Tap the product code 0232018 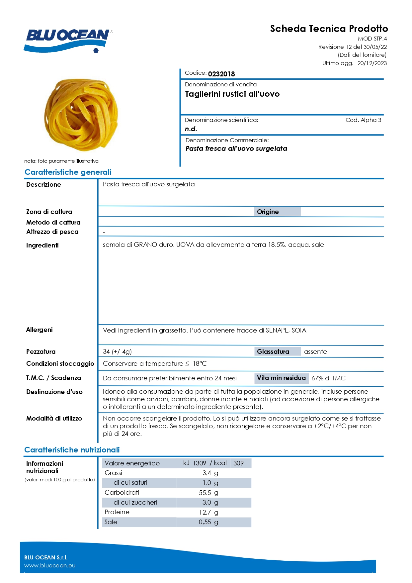pyautogui.click(x=221, y=74)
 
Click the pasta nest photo pyautogui.click(x=81, y=115)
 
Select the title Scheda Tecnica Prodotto pyautogui.click(x=329, y=29)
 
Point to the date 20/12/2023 pyautogui.click(x=372, y=63)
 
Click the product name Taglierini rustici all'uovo pyautogui.click(x=232, y=94)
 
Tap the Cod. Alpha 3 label pyautogui.click(x=363, y=120)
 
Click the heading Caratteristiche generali pyautogui.click(x=68, y=172)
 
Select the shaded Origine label pyautogui.click(x=268, y=212)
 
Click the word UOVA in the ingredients pyautogui.click(x=185, y=245)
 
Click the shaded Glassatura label pyautogui.click(x=273, y=351)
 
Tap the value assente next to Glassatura pyautogui.click(x=315, y=351)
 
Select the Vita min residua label pyautogui.click(x=281, y=378)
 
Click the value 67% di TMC pyautogui.click(x=328, y=378)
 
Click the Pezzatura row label pyautogui.click(x=41, y=351)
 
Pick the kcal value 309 pyautogui.click(x=238, y=463)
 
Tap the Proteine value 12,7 pyautogui.click(x=205, y=512)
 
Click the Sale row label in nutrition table pyautogui.click(x=111, y=522)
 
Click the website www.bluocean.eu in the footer pyautogui.click(x=50, y=565)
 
